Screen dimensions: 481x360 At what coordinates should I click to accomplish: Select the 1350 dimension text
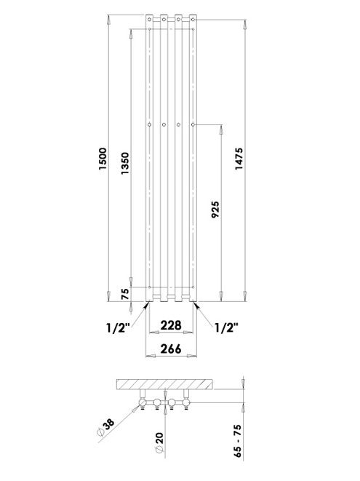click(125, 162)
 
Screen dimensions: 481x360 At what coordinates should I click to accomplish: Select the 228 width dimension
click(170, 325)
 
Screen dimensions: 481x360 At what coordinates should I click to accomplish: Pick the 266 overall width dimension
click(170, 349)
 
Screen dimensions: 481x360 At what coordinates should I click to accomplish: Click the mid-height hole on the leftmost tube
click(150, 125)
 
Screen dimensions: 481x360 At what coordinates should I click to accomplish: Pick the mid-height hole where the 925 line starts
click(193, 125)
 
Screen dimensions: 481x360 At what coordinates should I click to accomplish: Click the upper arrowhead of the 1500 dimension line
click(109, 16)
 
